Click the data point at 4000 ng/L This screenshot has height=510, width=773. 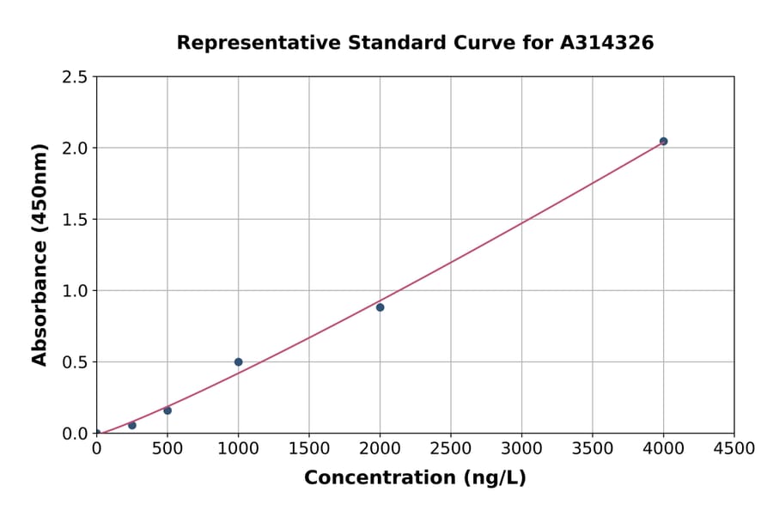(663, 141)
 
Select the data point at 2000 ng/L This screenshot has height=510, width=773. (380, 307)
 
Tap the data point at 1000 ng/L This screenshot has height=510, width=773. (238, 362)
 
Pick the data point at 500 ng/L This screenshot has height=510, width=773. (167, 410)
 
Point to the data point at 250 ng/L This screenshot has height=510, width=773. (132, 425)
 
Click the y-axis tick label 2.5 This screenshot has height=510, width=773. (75, 77)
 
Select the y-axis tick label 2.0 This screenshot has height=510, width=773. (75, 149)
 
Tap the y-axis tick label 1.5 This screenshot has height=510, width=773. (75, 220)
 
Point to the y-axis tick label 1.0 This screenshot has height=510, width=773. (75, 291)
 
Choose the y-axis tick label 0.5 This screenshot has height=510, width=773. (75, 362)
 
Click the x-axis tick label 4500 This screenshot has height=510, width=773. (734, 449)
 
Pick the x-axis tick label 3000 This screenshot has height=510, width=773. (521, 449)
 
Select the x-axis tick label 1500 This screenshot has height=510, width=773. (309, 449)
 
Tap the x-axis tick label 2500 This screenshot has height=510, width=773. (451, 449)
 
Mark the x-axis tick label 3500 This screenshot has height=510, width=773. (593, 449)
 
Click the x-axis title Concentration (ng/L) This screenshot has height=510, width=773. (415, 478)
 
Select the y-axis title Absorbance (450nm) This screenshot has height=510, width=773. (40, 254)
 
